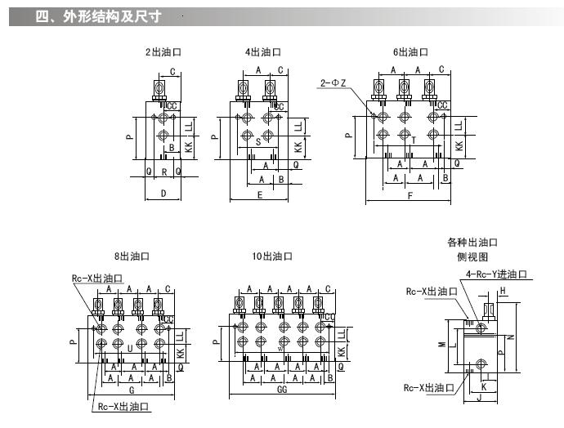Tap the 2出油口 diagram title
(x=163, y=51)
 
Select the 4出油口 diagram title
(x=262, y=51)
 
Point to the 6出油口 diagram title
(x=410, y=51)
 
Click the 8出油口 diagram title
(x=132, y=256)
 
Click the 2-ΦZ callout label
(x=333, y=82)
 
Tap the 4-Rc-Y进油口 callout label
(x=496, y=274)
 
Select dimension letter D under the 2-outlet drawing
(x=163, y=194)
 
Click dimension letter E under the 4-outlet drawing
(x=260, y=194)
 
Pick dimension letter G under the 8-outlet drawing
(x=132, y=390)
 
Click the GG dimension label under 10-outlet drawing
(x=282, y=390)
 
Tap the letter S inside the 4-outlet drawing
(x=258, y=141)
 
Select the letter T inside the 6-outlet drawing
(x=414, y=140)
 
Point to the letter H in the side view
(x=503, y=291)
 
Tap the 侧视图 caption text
(x=472, y=256)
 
